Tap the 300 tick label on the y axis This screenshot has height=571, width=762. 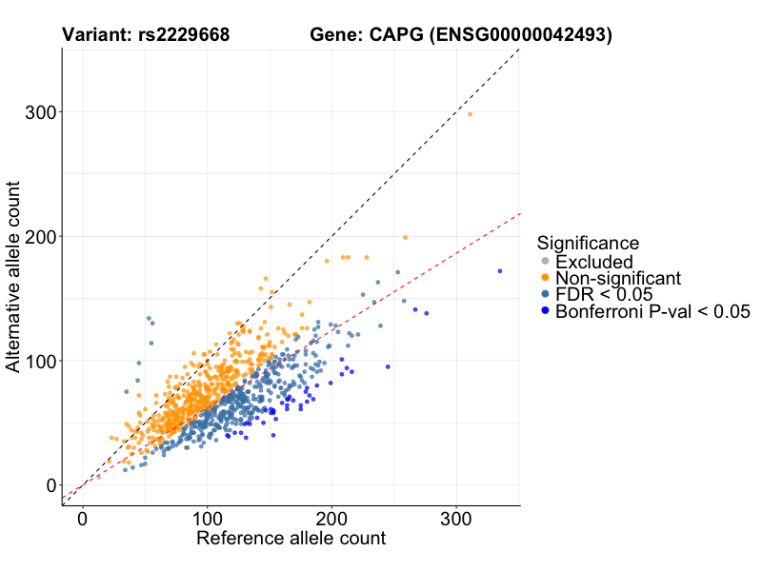pyautogui.click(x=35, y=112)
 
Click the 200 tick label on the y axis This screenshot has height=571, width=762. pyautogui.click(x=35, y=236)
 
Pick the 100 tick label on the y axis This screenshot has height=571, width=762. pyautogui.click(x=35, y=361)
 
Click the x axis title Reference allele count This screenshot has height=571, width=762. pyautogui.click(x=291, y=539)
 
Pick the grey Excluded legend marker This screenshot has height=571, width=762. pyautogui.click(x=545, y=262)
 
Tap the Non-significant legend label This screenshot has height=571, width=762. pyautogui.click(x=618, y=278)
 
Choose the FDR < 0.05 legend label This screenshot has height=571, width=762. pyautogui.click(x=604, y=294)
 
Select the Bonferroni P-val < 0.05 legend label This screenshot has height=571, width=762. pyautogui.click(x=653, y=311)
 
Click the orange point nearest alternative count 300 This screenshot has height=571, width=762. pyautogui.click(x=470, y=114)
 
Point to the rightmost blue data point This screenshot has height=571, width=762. pyautogui.click(x=500, y=271)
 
